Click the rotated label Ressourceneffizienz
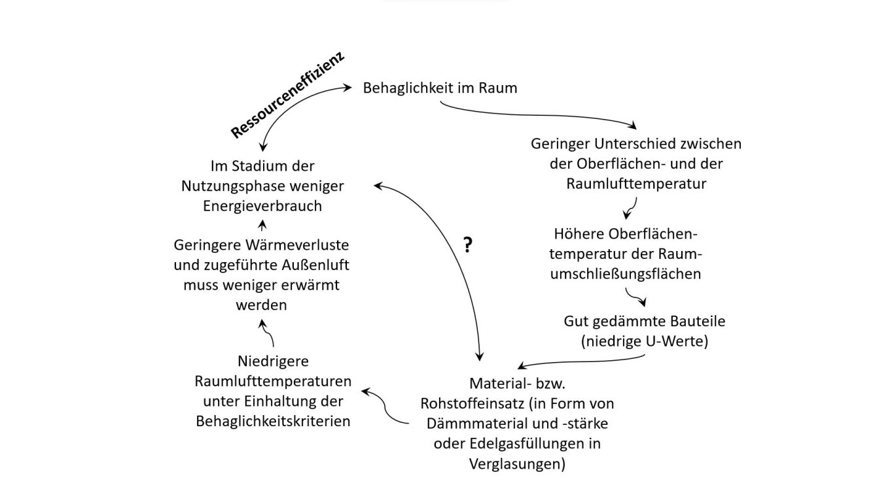coord(287,95)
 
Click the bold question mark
coord(468,245)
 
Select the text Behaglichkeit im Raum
coord(440,88)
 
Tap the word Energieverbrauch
coord(262,206)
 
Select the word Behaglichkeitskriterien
coord(273,422)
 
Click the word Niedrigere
coord(273,361)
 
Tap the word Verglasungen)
coord(517,464)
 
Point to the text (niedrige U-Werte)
coord(644,341)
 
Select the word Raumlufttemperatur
coord(636,184)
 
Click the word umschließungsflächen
coord(626,274)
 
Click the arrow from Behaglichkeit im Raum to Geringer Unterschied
coord(539,115)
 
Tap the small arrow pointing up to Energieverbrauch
coord(262,226)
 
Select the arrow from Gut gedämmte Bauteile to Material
coord(581,361)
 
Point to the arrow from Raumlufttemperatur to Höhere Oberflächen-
coord(632,208)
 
